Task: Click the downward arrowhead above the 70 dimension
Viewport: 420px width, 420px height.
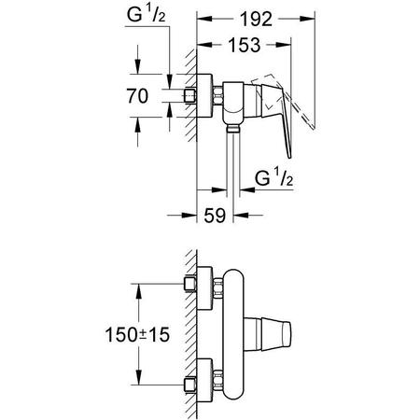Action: pyautogui.click(x=137, y=71)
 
